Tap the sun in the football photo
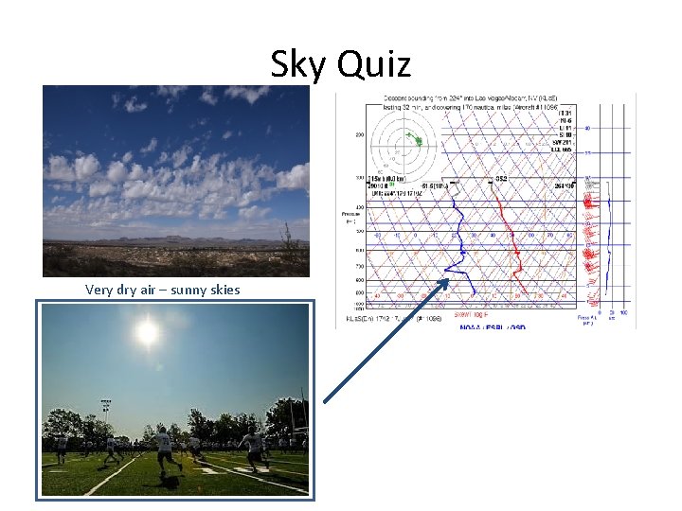coord(147,332)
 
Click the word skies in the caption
coord(225,290)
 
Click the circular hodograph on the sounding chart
coord(404,142)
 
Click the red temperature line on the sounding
coord(510,237)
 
